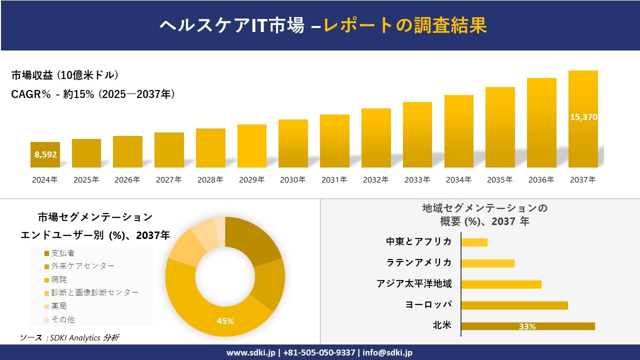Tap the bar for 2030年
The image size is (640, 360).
(x=293, y=143)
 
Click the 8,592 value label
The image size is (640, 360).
(x=45, y=154)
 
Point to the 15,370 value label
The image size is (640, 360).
(x=583, y=117)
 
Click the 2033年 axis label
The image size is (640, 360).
(x=417, y=179)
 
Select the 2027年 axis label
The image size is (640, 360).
(x=168, y=179)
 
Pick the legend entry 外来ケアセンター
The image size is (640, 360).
(x=82, y=266)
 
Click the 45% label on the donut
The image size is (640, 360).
(x=225, y=321)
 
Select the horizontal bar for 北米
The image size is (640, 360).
(x=527, y=326)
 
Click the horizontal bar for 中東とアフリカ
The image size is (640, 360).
(x=474, y=242)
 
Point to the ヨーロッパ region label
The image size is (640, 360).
(x=428, y=304)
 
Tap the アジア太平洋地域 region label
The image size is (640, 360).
(x=414, y=284)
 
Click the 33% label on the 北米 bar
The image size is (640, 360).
(x=527, y=326)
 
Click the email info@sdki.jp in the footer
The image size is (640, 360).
(x=387, y=352)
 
